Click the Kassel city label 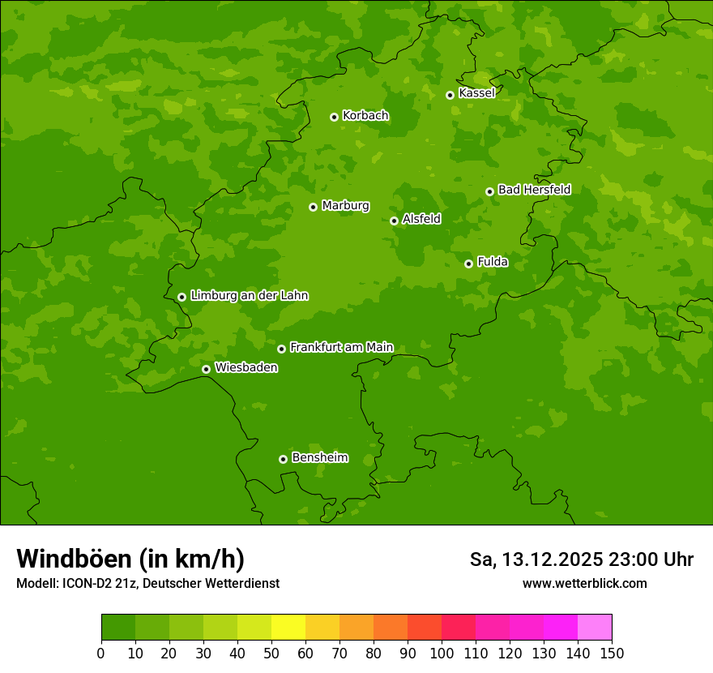pos(476,93)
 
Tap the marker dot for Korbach pos(334,117)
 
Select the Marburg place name pos(345,206)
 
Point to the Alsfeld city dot pos(394,221)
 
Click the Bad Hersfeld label pos(534,190)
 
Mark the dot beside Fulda pos(468,264)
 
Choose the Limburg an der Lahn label pos(249,296)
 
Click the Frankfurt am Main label pos(341,348)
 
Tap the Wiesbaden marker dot pos(206,369)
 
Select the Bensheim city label pos(319,458)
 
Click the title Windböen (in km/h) pos(130,559)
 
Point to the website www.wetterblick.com pos(584,583)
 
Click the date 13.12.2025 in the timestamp pos(552,559)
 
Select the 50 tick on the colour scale pos(271,654)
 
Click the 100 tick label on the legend pos(442,654)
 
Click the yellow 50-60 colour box pos(288,628)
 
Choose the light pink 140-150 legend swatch pos(595,628)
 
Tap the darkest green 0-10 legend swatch pos(118,628)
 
